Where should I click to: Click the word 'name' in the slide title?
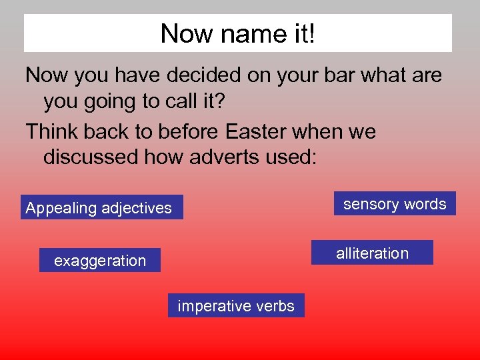click(x=243, y=33)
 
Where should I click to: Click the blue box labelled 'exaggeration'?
click(x=100, y=260)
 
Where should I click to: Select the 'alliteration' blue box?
click(x=372, y=253)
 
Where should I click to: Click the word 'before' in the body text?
click(x=189, y=131)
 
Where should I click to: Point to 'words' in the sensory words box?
click(x=424, y=204)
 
